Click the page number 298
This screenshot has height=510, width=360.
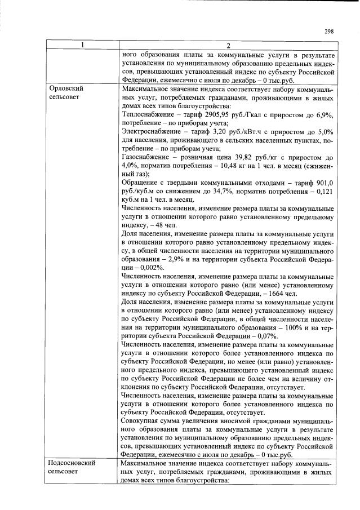(330, 32)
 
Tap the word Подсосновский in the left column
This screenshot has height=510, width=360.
(73, 463)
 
